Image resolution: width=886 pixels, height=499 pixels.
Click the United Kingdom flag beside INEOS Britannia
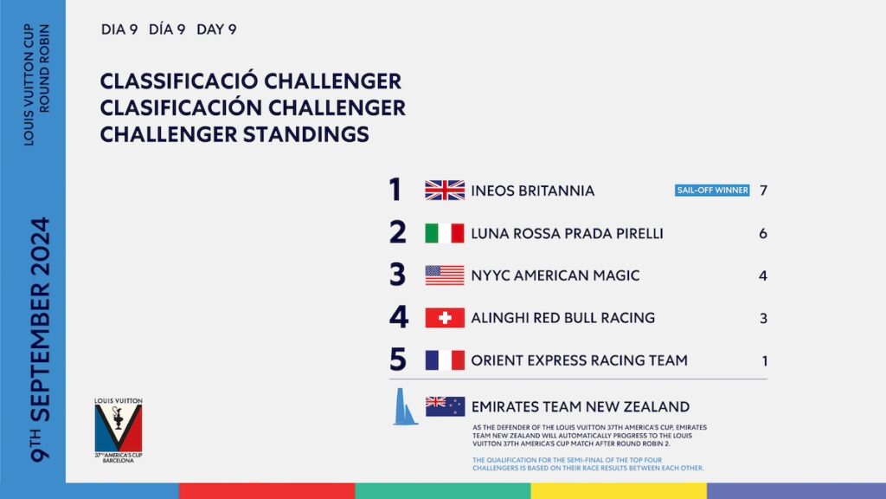(x=445, y=190)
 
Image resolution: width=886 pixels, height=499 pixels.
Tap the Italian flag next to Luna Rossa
(x=445, y=233)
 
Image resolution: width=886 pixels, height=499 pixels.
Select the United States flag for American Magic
(x=445, y=275)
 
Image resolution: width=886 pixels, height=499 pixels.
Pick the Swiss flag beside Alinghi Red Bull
(x=445, y=318)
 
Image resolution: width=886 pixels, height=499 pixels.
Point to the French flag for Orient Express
(x=445, y=360)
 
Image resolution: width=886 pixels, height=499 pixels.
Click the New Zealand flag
(x=446, y=406)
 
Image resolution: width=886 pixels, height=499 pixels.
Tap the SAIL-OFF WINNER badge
(x=712, y=190)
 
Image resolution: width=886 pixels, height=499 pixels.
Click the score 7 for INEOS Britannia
(x=763, y=191)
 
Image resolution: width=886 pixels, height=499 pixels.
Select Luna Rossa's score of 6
(x=763, y=234)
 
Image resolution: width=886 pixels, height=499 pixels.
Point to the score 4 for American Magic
(x=763, y=276)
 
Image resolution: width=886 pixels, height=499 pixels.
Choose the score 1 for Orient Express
(x=765, y=361)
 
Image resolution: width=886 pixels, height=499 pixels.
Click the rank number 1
(x=395, y=190)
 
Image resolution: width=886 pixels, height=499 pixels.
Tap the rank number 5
(x=398, y=360)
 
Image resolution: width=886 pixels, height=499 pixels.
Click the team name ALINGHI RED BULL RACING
(x=562, y=318)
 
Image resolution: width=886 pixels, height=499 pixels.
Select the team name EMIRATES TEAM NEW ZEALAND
(x=581, y=407)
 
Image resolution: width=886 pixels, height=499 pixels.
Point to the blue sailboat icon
(x=404, y=407)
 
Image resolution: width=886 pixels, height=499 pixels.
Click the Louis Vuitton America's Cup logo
(x=118, y=431)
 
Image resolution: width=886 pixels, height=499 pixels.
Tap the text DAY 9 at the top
(x=216, y=29)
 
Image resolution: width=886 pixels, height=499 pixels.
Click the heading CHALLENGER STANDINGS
(x=234, y=134)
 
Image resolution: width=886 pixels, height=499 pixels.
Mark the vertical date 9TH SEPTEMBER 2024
(x=40, y=340)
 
